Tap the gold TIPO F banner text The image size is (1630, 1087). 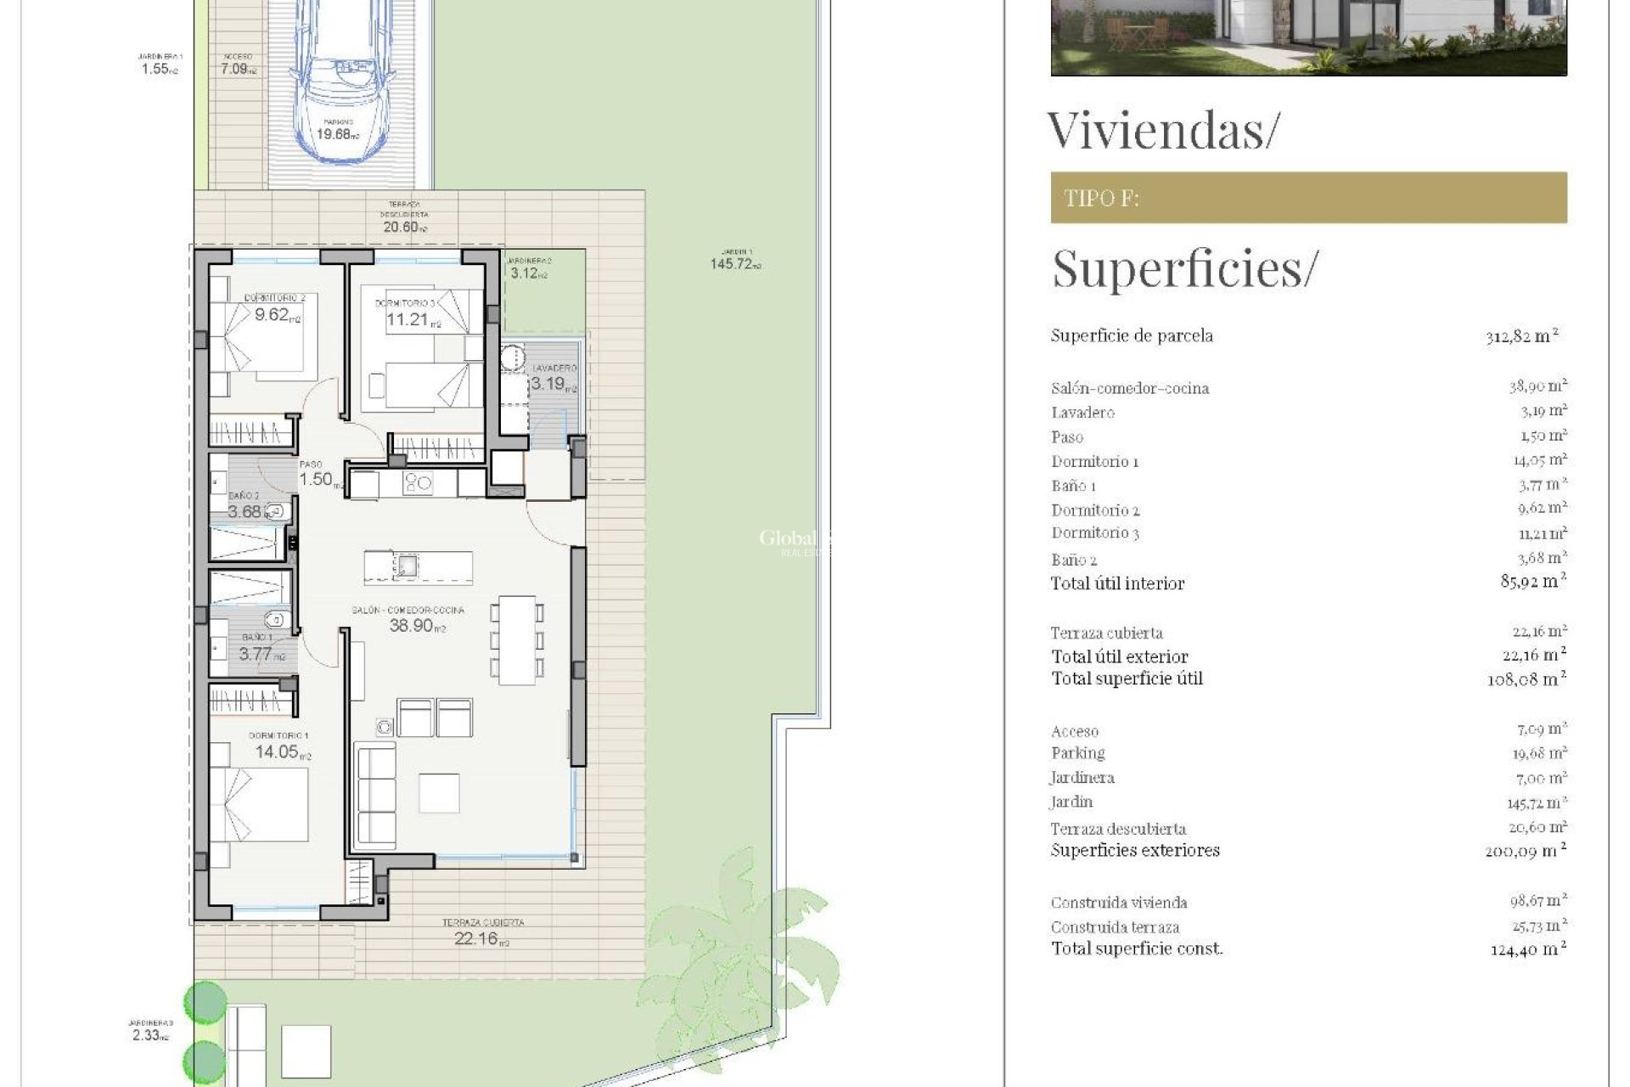coord(1101,199)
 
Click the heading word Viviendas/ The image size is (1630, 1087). coord(1161,131)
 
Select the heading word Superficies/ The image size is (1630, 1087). coord(1185,268)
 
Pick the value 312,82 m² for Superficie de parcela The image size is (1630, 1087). coord(1522,335)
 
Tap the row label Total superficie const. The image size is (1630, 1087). coord(1137,949)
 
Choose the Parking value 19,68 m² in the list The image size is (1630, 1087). coord(1537,753)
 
